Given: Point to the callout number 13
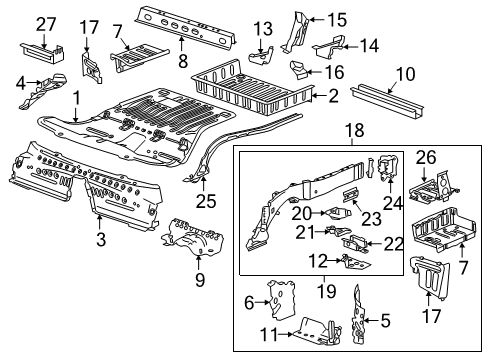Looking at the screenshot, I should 262,26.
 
